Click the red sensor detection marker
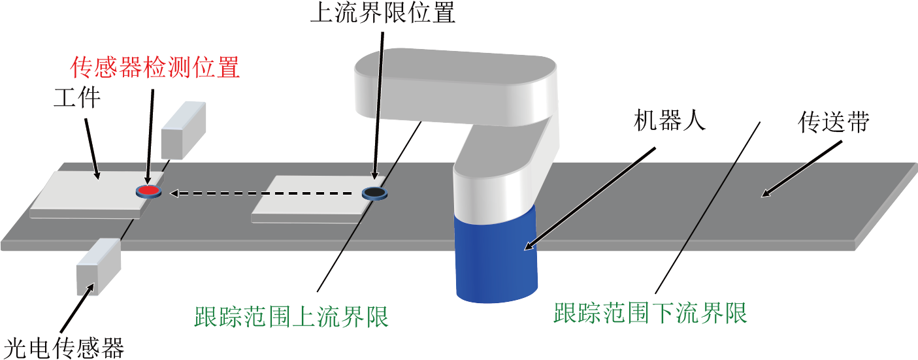[149, 191]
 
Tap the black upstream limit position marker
[374, 193]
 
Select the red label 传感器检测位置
[155, 67]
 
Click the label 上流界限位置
[383, 12]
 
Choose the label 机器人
[669, 121]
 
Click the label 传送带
[834, 122]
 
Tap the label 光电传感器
[64, 348]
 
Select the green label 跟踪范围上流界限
[291, 316]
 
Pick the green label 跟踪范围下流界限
[650, 313]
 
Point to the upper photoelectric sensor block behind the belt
[183, 131]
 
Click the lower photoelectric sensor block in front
[99, 267]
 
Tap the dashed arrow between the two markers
[261, 193]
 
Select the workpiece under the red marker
[97, 195]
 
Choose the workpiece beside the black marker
[318, 200]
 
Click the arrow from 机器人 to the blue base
[590, 199]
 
